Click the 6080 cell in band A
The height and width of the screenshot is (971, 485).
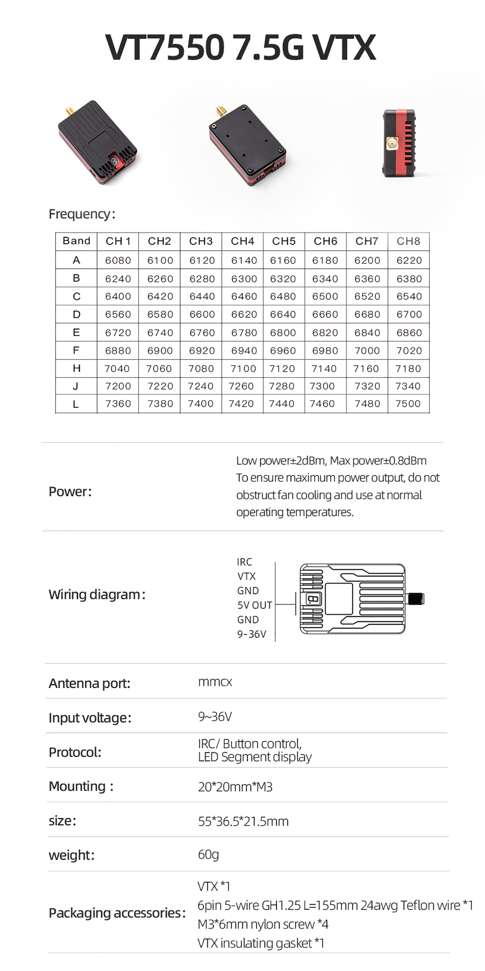(x=118, y=260)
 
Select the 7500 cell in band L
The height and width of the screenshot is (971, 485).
(x=408, y=403)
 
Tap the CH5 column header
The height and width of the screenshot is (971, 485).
(x=284, y=241)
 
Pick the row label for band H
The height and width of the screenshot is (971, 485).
(x=76, y=368)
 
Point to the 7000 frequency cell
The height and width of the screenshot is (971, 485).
(x=367, y=350)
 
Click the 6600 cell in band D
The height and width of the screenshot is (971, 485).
(x=202, y=314)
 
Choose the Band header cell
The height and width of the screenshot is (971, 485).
(x=76, y=241)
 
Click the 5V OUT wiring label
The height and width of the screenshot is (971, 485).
(x=255, y=605)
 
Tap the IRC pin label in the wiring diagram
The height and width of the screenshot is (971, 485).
(x=245, y=562)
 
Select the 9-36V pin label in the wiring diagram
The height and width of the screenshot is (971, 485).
(x=252, y=634)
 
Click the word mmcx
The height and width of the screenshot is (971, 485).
(x=215, y=682)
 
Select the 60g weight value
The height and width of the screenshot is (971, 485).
(x=208, y=854)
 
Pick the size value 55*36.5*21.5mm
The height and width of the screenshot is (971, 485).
(x=243, y=821)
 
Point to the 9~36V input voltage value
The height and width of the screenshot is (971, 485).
(x=215, y=717)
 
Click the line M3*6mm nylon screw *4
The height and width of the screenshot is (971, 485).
(x=263, y=924)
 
